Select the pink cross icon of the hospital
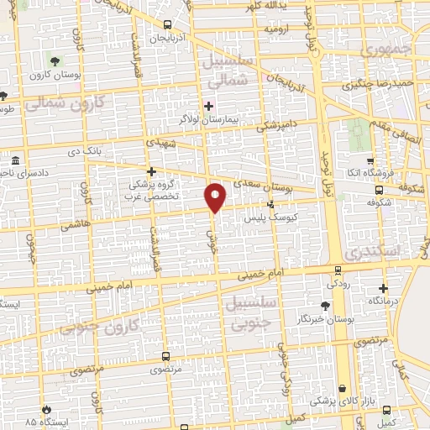tap(208, 106)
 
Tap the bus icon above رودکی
tap(338, 270)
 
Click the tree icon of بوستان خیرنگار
tap(326, 305)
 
